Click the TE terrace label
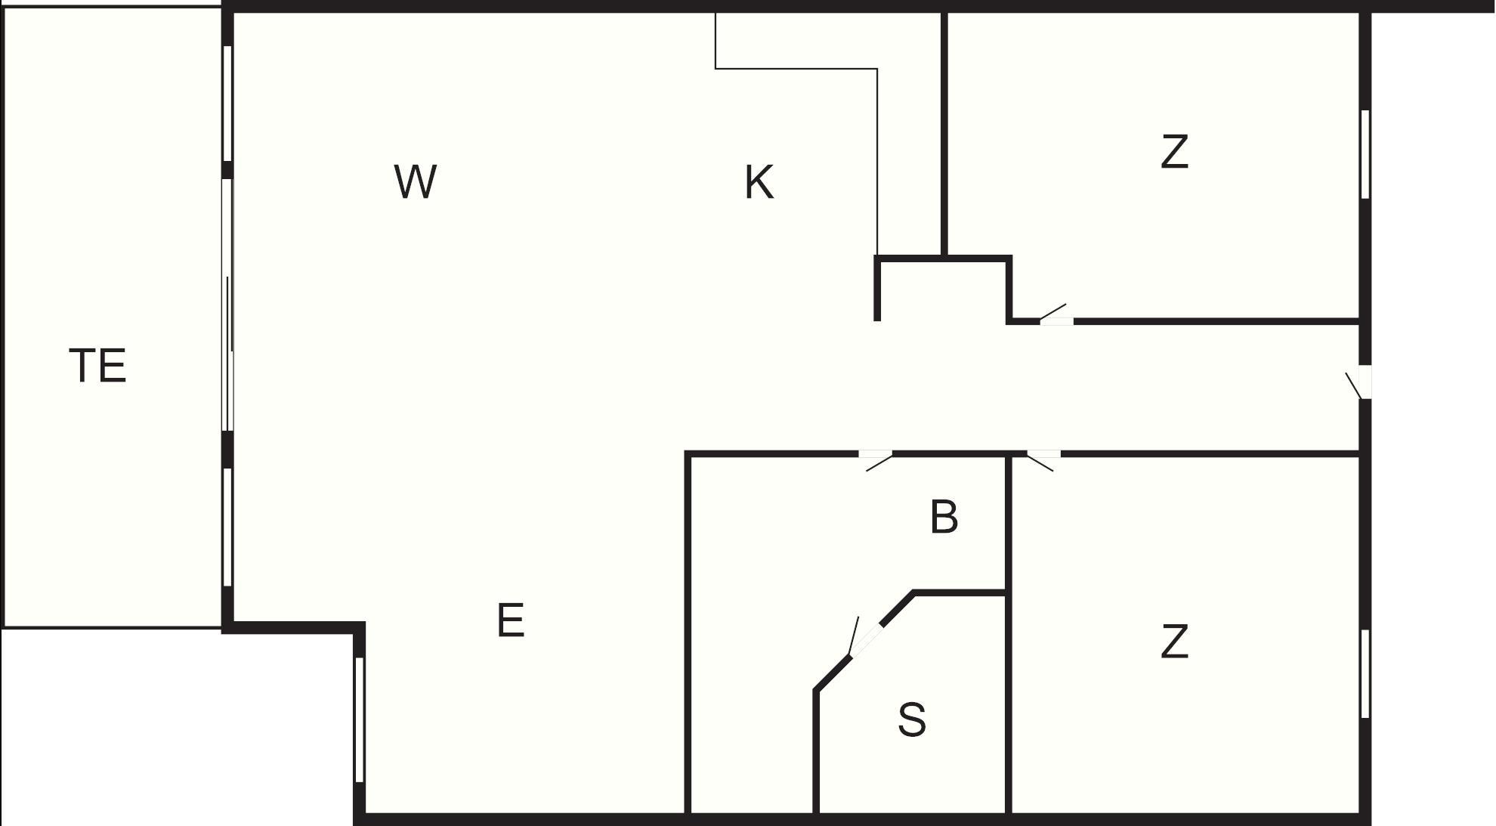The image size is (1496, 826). tap(97, 366)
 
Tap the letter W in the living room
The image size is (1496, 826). tap(416, 181)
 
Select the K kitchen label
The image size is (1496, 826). tap(759, 182)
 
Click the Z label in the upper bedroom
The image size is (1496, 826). tap(1175, 151)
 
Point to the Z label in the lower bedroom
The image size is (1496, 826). tap(1175, 642)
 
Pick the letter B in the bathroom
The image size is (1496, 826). tap(944, 517)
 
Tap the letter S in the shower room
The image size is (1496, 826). tap(912, 719)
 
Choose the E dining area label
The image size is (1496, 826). tap(511, 620)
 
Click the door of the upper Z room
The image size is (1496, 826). tap(1056, 314)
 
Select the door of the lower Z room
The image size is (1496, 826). tap(1043, 460)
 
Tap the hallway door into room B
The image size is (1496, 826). tap(876, 460)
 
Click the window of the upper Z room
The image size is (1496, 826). tap(1365, 154)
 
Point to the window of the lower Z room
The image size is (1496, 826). tap(1365, 674)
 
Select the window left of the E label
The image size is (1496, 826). tap(360, 719)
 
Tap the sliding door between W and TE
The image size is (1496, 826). tap(227, 305)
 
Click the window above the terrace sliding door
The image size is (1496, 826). tap(227, 104)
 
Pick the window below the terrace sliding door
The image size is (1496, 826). tap(227, 527)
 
